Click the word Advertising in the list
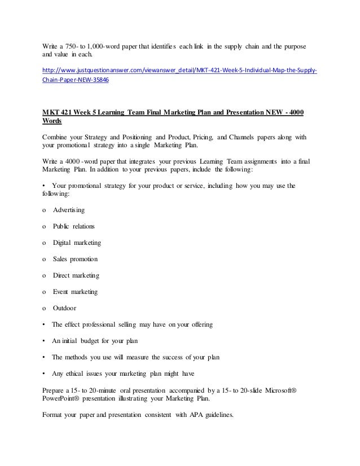pos(69,210)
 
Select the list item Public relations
pos(74,226)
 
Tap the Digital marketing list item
pos(77,243)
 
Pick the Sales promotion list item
pos(75,259)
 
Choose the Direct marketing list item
pos(76,275)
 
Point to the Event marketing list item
pos(75,292)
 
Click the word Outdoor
pos(65,308)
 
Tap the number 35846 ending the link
pos(98,80)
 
